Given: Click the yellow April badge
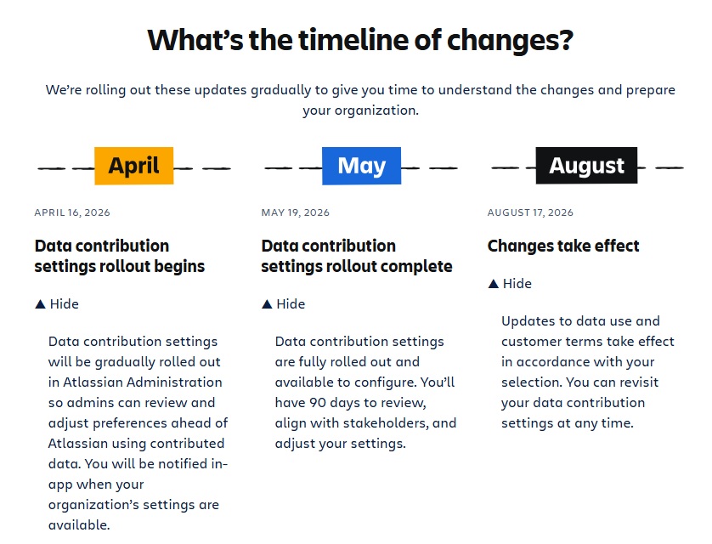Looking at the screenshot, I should click(134, 166).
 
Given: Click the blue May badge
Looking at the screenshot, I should click(361, 166).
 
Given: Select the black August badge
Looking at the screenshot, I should click(586, 166).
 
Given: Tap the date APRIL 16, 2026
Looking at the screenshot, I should click(72, 212).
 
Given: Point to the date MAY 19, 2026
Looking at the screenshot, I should click(296, 212).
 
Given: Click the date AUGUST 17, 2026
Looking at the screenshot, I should click(530, 212).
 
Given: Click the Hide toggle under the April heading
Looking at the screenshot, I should click(57, 303).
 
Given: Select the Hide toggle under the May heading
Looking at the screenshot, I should click(283, 303).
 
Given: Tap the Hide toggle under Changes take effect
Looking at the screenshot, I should click(510, 283).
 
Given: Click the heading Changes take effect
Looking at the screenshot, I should click(563, 246).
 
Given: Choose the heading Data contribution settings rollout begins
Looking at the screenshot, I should click(119, 256).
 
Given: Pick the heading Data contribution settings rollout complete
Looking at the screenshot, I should click(356, 256).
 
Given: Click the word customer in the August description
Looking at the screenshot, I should click(529, 341).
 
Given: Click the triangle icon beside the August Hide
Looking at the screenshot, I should click(493, 283).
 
